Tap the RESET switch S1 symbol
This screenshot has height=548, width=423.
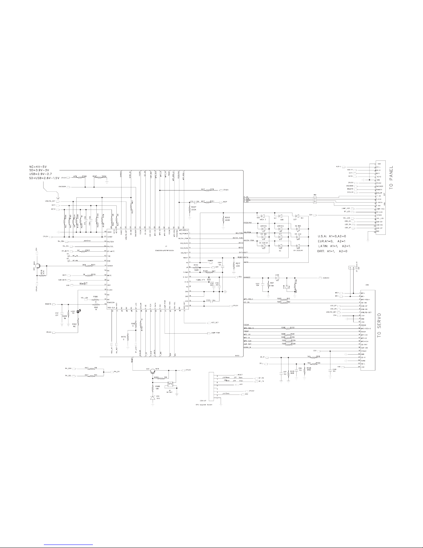pos(170,384)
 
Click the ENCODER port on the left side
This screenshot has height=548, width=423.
pos(67,187)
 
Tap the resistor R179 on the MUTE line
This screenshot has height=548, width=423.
pos(88,276)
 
